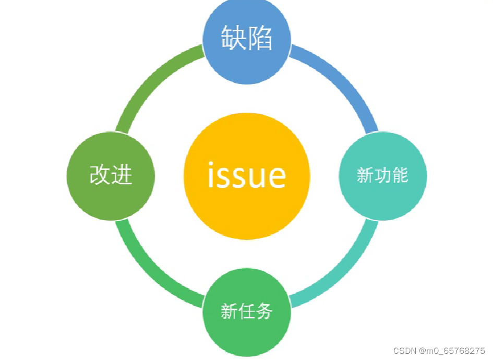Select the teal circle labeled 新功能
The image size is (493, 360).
(x=383, y=175)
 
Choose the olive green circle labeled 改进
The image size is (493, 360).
(x=111, y=175)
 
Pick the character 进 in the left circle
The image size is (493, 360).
(x=122, y=175)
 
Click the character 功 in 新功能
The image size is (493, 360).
(x=382, y=175)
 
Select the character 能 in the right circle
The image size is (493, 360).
(x=399, y=175)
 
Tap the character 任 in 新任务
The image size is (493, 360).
(x=246, y=311)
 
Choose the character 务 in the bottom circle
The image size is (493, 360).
(x=263, y=311)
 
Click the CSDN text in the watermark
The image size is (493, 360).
(x=404, y=351)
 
